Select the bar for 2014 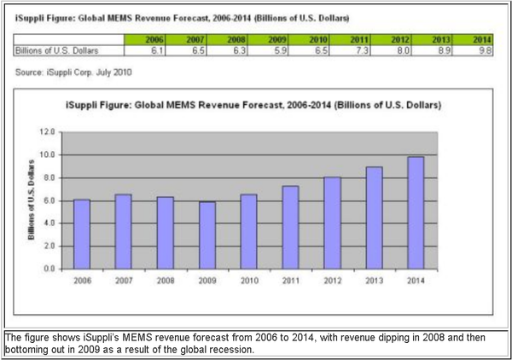(x=416, y=212)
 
